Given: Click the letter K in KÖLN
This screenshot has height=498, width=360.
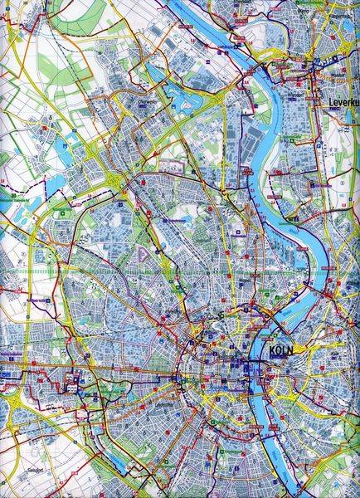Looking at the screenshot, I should tap(273, 350).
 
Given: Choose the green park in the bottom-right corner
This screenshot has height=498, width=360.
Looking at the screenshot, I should tap(340, 477).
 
